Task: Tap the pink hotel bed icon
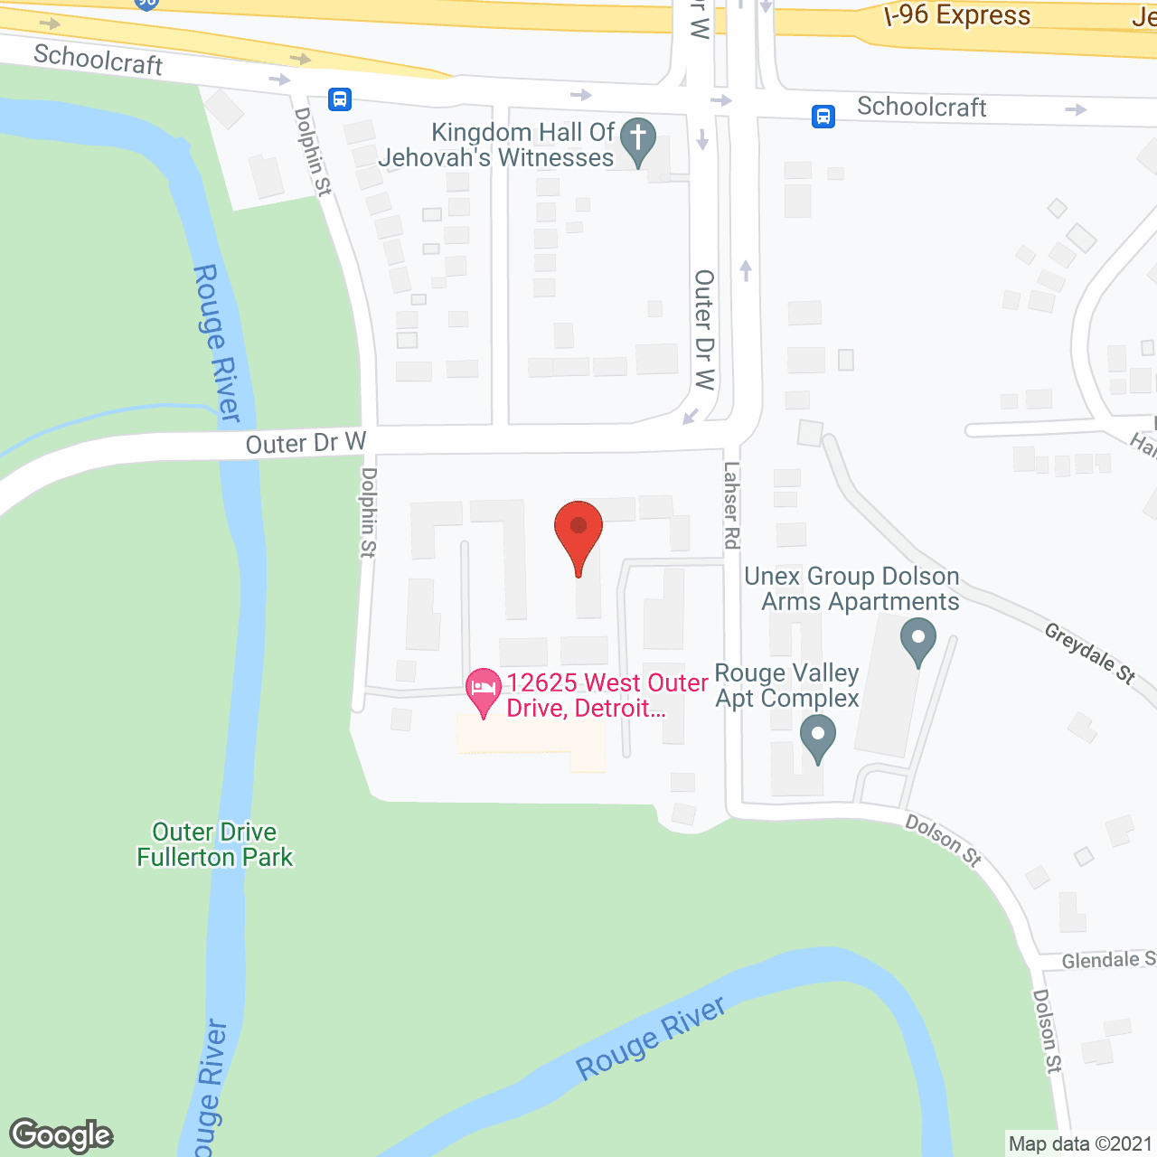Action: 484,691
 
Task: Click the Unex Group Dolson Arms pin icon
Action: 917,640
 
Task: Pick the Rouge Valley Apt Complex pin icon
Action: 817,737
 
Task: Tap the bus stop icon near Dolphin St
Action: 340,99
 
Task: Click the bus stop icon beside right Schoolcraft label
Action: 823,116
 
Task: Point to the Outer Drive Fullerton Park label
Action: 215,844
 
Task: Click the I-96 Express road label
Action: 958,15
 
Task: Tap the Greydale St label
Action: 1089,653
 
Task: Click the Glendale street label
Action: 1107,960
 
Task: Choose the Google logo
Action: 61,1135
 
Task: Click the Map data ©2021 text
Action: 1080,1143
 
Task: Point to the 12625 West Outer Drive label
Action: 606,695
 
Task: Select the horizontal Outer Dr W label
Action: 306,443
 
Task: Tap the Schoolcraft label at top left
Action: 98,60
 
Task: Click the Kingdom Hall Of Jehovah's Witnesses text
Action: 497,145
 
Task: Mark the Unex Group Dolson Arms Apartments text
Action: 851,588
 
